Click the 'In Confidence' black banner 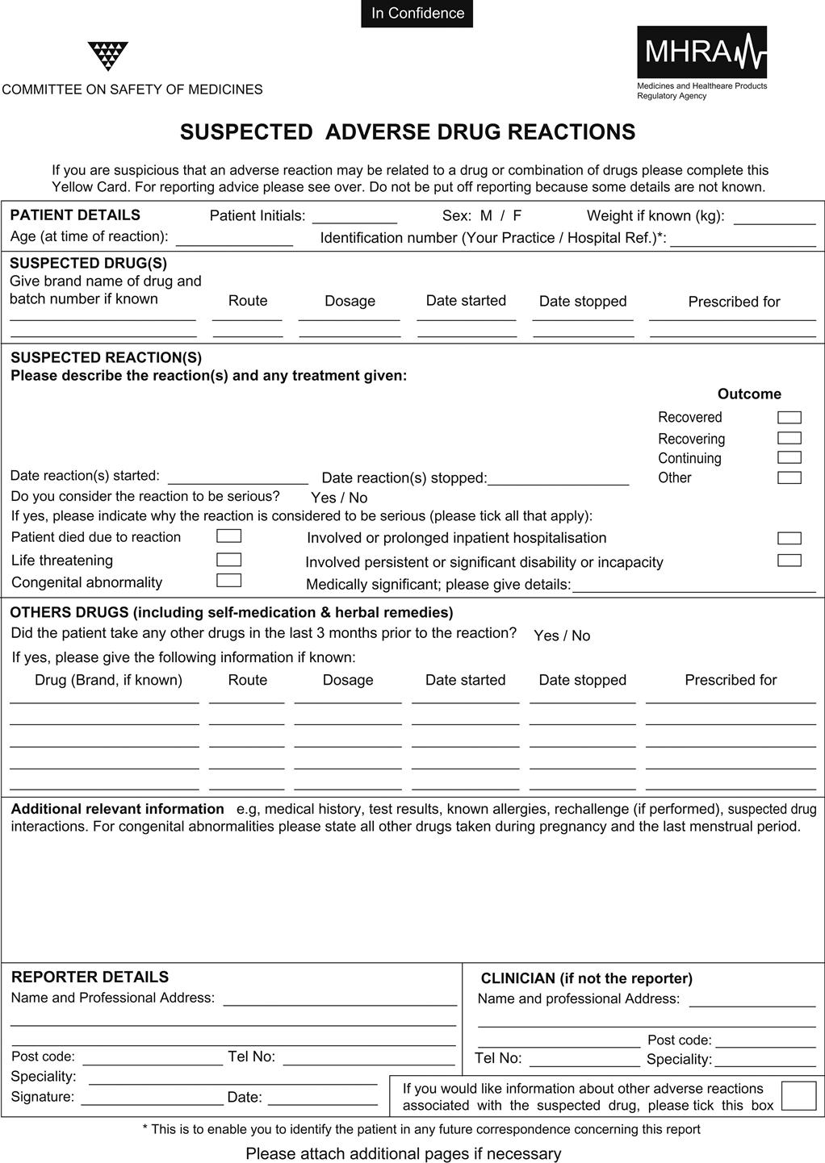[x=417, y=14]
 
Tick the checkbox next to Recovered [x=789, y=418]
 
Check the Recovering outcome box [x=789, y=439]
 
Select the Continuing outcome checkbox [x=789, y=458]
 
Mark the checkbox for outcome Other [x=789, y=477]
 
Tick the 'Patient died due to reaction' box [x=229, y=536]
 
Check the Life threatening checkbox [x=229, y=560]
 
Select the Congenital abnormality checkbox [x=229, y=580]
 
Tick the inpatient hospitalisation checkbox [x=789, y=539]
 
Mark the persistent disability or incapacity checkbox [x=789, y=561]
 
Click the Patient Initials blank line [x=354, y=219]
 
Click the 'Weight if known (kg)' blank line [x=774, y=219]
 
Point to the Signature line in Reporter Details [x=152, y=1099]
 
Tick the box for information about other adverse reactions [x=798, y=1096]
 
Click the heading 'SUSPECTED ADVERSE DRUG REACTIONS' [x=408, y=132]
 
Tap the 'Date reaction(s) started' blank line [x=237, y=479]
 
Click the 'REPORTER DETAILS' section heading [x=90, y=978]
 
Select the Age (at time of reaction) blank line [x=234, y=240]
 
